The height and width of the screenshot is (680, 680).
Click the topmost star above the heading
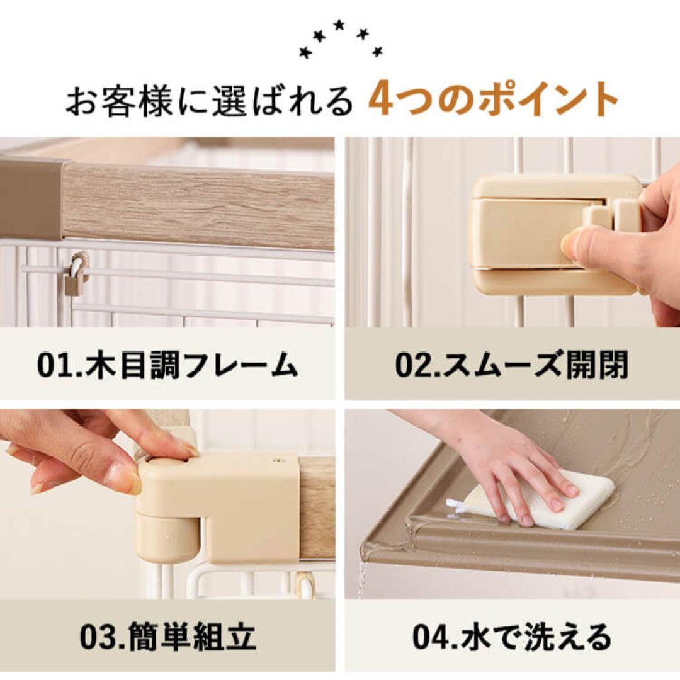pyautogui.click(x=339, y=25)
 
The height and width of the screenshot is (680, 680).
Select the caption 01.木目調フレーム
pyautogui.click(x=167, y=366)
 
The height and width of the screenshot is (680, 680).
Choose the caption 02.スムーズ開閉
pyautogui.click(x=511, y=366)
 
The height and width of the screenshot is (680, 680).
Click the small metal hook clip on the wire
pyautogui.click(x=76, y=277)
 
